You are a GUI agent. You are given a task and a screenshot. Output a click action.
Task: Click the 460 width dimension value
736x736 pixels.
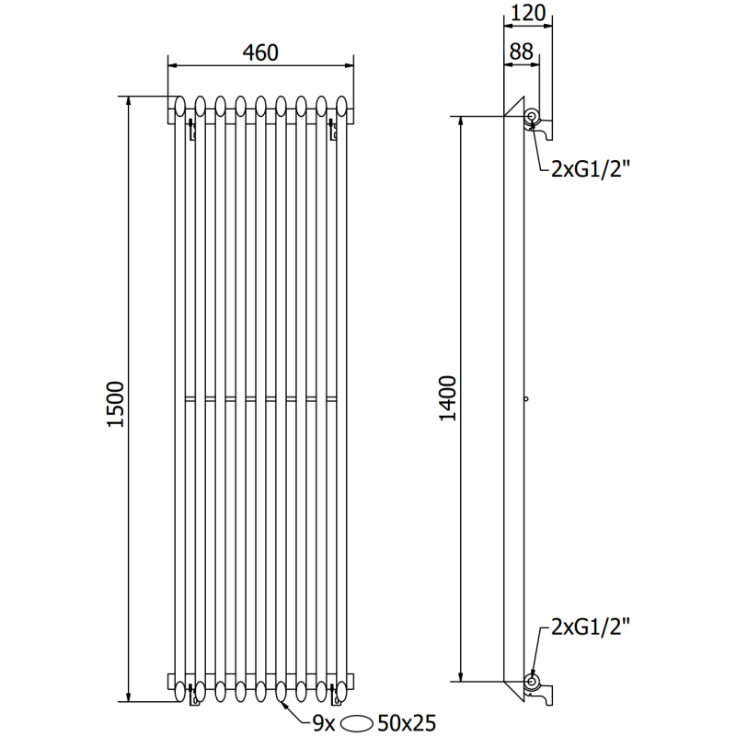point(260,53)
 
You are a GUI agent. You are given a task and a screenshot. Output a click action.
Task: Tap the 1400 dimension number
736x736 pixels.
point(446,397)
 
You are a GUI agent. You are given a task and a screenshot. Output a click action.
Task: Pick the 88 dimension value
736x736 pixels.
point(521,53)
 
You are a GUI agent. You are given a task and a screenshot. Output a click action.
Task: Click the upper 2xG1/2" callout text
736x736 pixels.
point(589,167)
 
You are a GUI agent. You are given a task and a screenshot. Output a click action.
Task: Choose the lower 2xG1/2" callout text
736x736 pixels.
point(589,629)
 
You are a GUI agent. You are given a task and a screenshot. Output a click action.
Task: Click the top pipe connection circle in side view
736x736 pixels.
point(532,116)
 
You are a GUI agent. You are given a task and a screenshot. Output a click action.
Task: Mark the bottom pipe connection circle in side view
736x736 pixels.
point(532,682)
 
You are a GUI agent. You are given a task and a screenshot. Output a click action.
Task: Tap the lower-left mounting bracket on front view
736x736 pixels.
point(190,696)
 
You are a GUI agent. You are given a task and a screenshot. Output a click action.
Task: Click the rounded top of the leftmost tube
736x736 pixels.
point(180,103)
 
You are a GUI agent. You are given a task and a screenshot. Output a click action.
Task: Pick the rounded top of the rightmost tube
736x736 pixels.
point(342,103)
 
